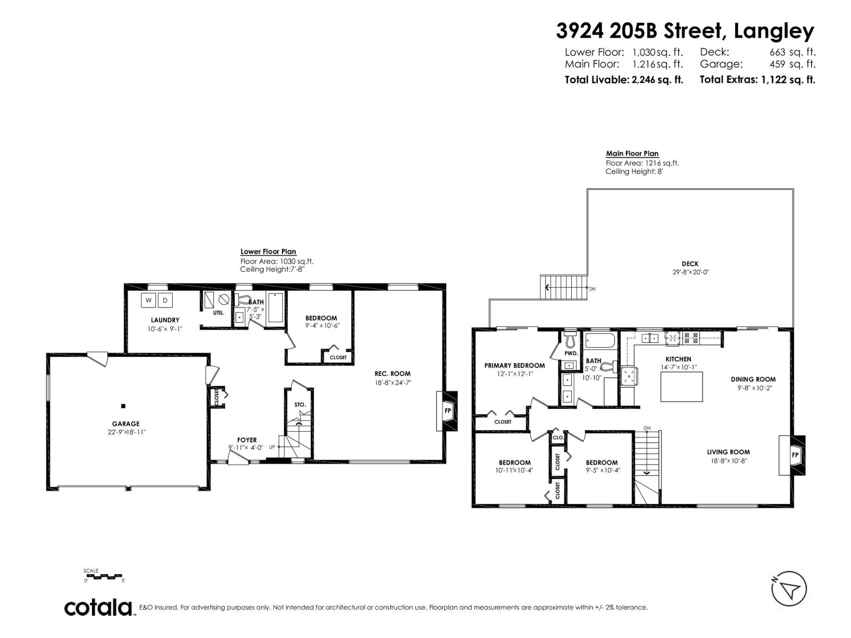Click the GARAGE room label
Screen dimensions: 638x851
126,424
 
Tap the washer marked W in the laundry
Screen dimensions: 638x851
148,300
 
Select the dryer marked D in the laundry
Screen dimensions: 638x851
165,300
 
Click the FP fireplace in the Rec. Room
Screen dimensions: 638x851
447,410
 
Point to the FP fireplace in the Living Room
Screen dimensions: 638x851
795,455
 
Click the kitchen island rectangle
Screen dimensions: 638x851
681,387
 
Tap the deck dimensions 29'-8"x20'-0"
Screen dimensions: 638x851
690,272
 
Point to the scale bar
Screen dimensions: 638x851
104,575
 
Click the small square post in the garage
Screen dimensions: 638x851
123,406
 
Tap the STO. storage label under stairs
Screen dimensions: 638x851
300,405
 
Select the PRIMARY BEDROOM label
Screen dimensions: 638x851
514,365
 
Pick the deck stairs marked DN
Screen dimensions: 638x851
563,288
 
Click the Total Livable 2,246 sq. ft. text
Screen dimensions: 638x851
623,80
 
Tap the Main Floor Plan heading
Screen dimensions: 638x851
632,154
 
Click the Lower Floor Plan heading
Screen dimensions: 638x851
268,252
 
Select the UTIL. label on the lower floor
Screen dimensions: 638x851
219,313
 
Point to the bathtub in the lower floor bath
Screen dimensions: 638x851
276,308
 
